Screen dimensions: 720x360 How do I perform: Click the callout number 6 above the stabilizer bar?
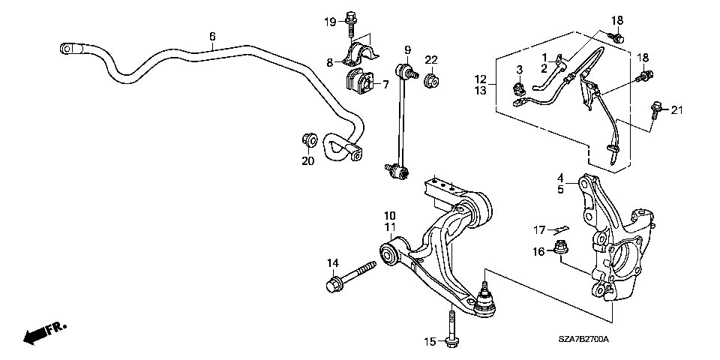(212, 36)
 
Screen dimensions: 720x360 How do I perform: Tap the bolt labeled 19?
(350, 24)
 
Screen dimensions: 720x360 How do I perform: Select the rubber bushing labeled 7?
(359, 80)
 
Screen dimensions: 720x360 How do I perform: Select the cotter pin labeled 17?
(561, 229)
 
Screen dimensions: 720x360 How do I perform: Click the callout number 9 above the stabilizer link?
(406, 49)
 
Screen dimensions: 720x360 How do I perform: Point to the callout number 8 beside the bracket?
(330, 62)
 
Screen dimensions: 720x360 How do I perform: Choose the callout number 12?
(480, 79)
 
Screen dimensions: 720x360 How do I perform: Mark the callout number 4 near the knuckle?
(560, 178)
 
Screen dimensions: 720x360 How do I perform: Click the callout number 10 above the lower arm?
(390, 215)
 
